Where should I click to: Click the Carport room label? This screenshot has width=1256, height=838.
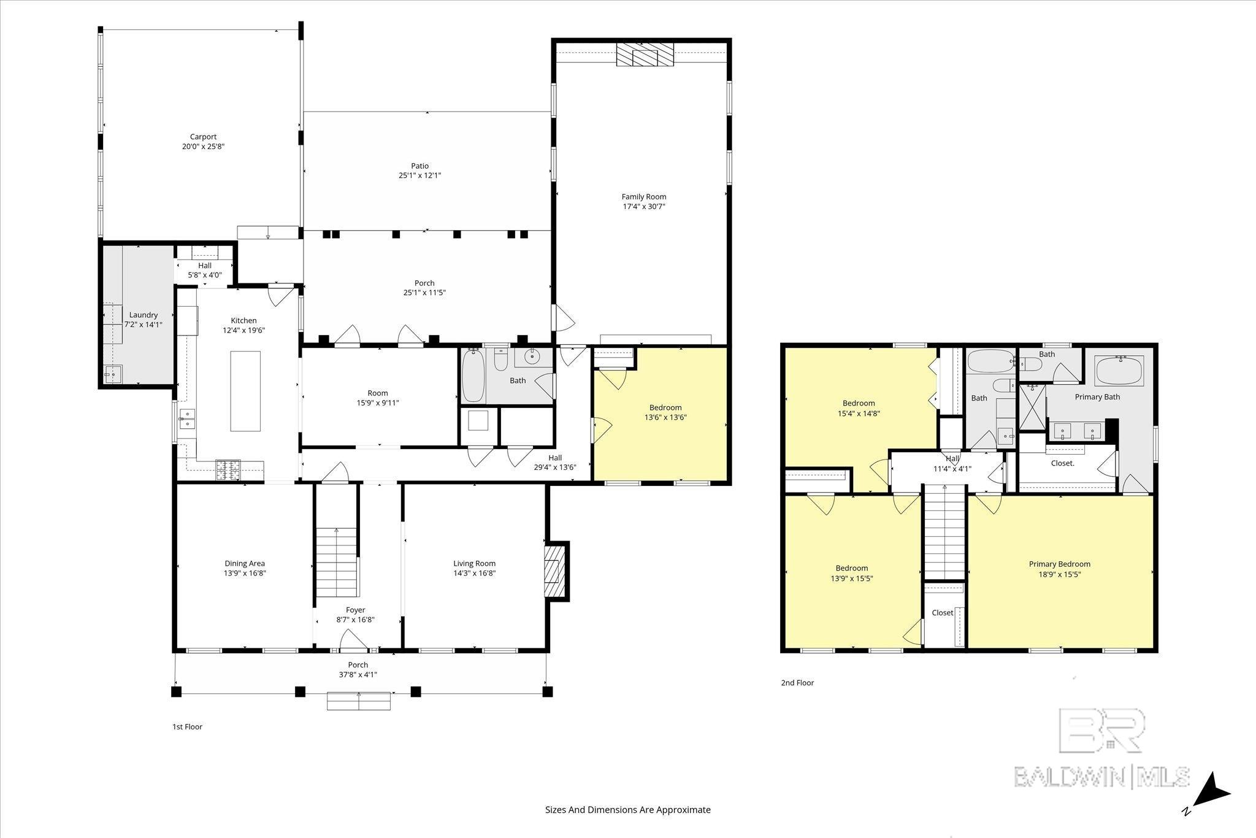pyautogui.click(x=203, y=137)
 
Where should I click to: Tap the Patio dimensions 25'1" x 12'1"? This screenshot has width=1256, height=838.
pyautogui.click(x=419, y=175)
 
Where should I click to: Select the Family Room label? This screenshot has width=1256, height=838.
pyautogui.click(x=644, y=197)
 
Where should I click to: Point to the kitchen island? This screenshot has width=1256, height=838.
pyautogui.click(x=245, y=391)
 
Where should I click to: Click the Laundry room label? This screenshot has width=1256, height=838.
pyautogui.click(x=144, y=315)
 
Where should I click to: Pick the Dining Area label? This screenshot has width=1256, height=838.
pyautogui.click(x=245, y=563)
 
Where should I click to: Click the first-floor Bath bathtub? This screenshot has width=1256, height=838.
pyautogui.click(x=474, y=376)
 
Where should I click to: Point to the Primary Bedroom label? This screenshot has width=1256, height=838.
pyautogui.click(x=1060, y=564)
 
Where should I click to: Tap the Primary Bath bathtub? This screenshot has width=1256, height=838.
pyautogui.click(x=1120, y=371)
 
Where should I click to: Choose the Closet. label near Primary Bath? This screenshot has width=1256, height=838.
pyautogui.click(x=1063, y=463)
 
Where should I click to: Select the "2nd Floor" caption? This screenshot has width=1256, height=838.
pyautogui.click(x=797, y=683)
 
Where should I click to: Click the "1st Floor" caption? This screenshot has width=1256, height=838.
pyautogui.click(x=187, y=727)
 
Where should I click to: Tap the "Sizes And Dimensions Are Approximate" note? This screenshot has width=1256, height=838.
pyautogui.click(x=628, y=810)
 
